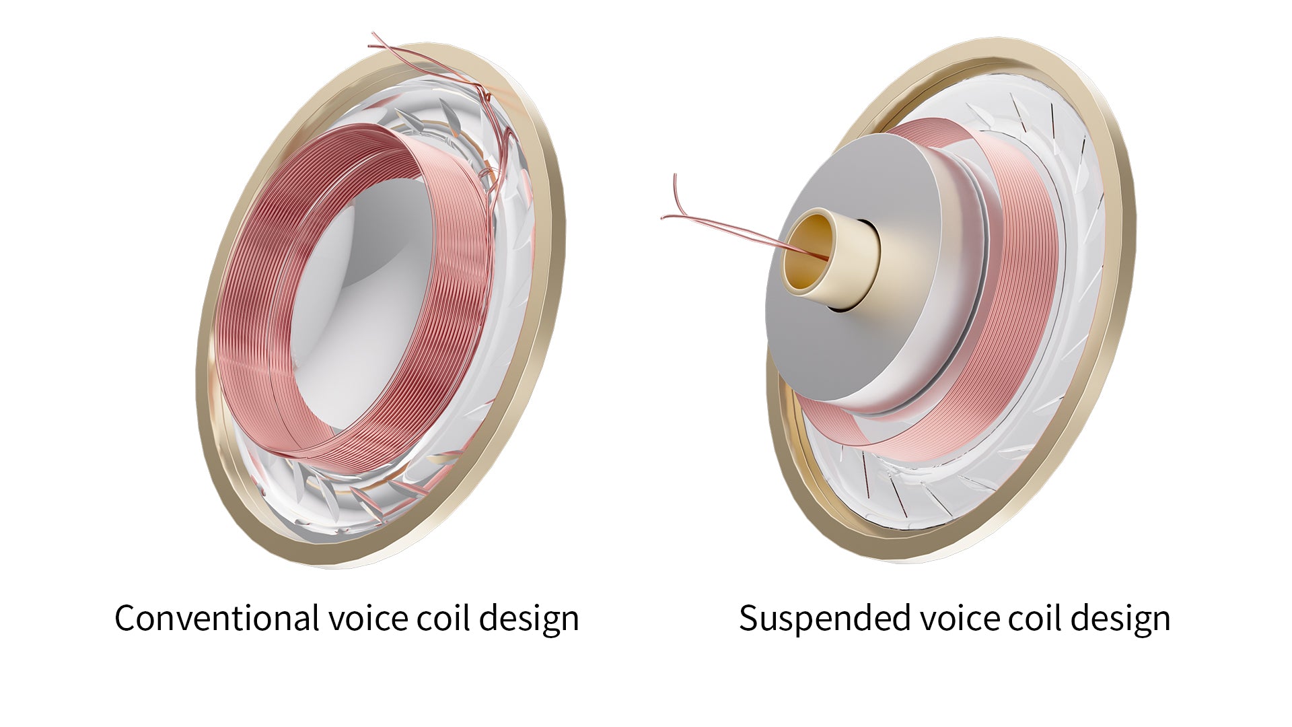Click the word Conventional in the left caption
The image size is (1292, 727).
click(217, 618)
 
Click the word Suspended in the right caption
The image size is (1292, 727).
click(824, 618)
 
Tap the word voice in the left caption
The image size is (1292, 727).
click(367, 618)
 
